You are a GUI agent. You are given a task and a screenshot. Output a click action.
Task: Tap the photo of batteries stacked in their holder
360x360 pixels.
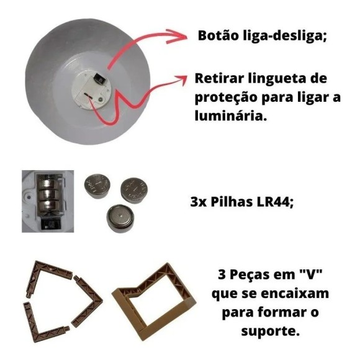pos(47,201)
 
